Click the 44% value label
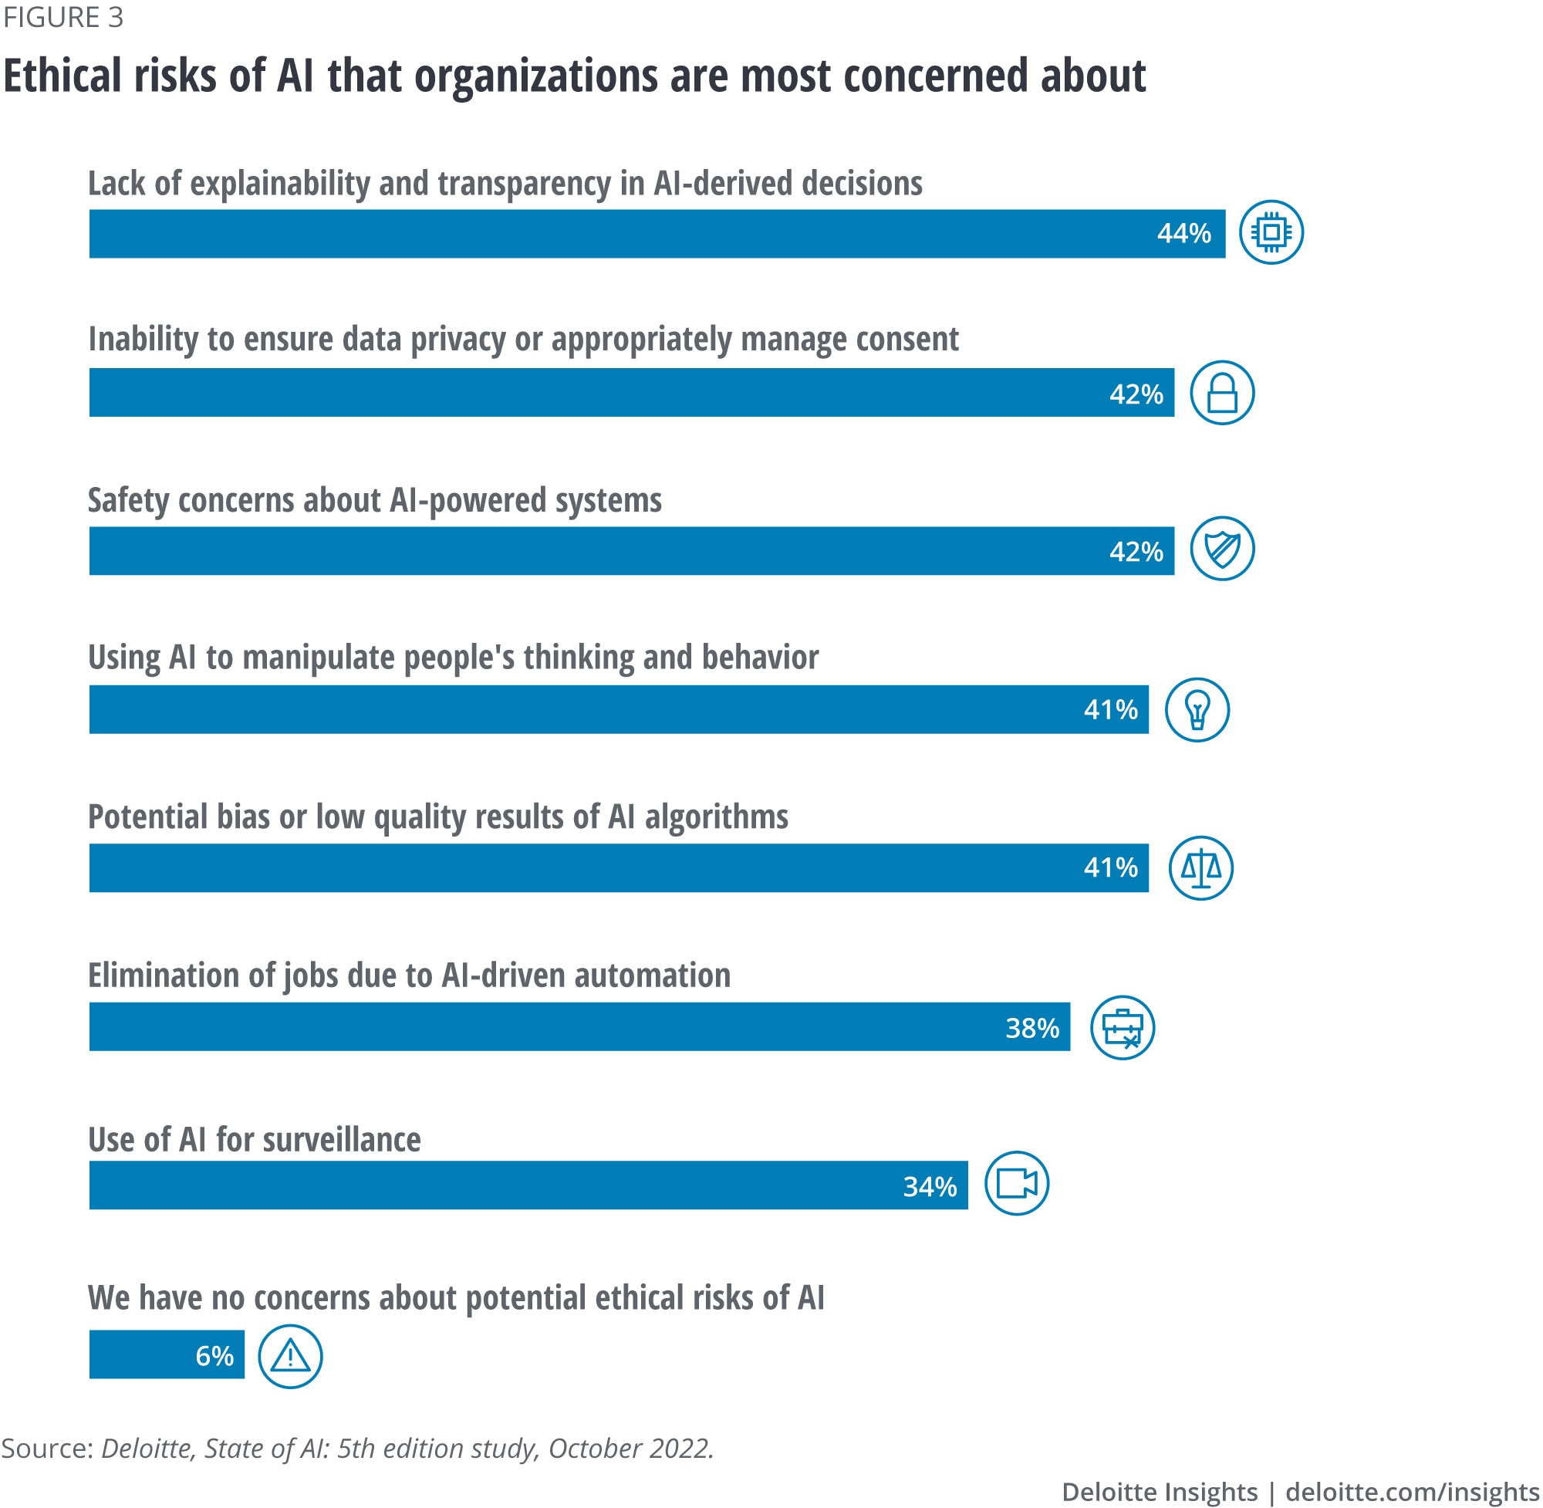[1183, 234]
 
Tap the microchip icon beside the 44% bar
[1271, 232]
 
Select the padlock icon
[1221, 393]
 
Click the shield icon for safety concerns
[1221, 549]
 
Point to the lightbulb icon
[1197, 710]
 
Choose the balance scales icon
[1200, 868]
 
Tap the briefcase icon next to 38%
[1122, 1028]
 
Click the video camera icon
[1017, 1183]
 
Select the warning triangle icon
[290, 1357]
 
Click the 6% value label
[214, 1356]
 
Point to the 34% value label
[930, 1186]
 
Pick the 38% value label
[1031, 1028]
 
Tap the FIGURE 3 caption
[63, 18]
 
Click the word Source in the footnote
[47, 1449]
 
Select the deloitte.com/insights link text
[1412, 1492]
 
